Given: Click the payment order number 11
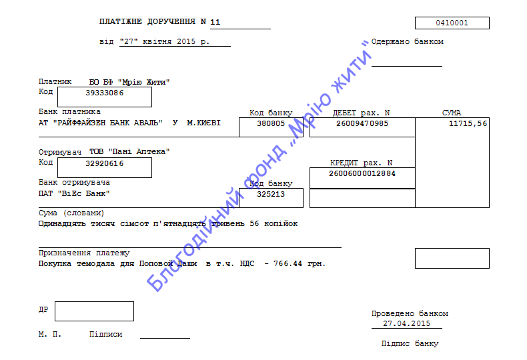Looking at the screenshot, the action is (x=215, y=22).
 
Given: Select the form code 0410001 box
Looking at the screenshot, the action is (x=452, y=23).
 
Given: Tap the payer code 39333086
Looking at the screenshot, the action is (x=105, y=93).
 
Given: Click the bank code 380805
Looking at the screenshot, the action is (x=271, y=123).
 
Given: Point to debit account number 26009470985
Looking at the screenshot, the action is (x=362, y=123).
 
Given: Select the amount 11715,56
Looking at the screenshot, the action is (x=468, y=123).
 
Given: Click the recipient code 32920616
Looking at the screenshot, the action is (x=105, y=163).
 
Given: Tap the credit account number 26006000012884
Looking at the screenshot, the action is (x=362, y=173).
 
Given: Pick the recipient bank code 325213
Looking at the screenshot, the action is (x=271, y=194).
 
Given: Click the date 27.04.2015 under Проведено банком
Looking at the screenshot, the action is (x=406, y=323).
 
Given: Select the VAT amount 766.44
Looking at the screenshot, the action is (x=288, y=263).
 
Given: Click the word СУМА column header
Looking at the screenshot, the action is (x=452, y=113).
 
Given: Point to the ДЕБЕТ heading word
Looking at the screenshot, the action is (x=344, y=113).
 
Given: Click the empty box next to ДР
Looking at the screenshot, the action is (x=95, y=311).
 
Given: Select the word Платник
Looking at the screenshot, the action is (x=55, y=81).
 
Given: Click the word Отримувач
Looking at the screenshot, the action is (x=60, y=152).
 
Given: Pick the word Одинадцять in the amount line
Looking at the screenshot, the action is (x=62, y=223).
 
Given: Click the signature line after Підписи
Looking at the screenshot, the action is (x=165, y=338).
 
